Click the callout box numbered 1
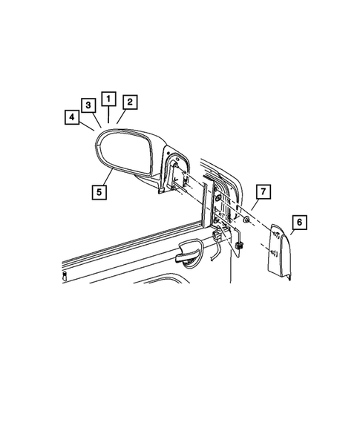108,98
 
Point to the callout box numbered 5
98,191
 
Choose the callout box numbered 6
298,221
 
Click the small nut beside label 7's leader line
246,221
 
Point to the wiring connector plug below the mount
240,245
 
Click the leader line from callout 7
253,206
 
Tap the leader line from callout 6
289,231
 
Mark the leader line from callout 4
86,127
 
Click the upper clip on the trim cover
275,236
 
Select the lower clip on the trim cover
275,254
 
